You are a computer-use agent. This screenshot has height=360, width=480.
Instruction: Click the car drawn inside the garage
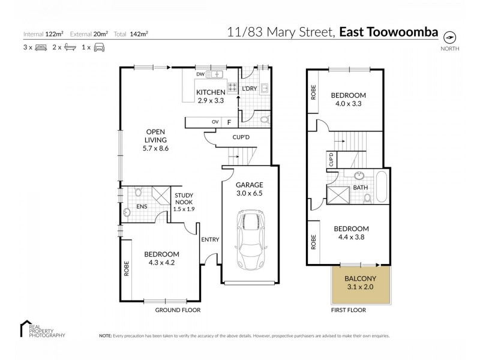point(250,240)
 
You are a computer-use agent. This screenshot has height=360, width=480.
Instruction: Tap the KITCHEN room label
point(210,92)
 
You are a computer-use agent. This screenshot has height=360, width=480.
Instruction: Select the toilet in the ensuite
point(138,193)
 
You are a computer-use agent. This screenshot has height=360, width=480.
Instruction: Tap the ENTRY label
point(210,239)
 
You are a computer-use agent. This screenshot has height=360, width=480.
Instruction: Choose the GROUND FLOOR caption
point(178,310)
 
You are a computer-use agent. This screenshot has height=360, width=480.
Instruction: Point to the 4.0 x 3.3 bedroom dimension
point(347,103)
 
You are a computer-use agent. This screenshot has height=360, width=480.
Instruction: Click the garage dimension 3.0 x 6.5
point(249,194)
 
